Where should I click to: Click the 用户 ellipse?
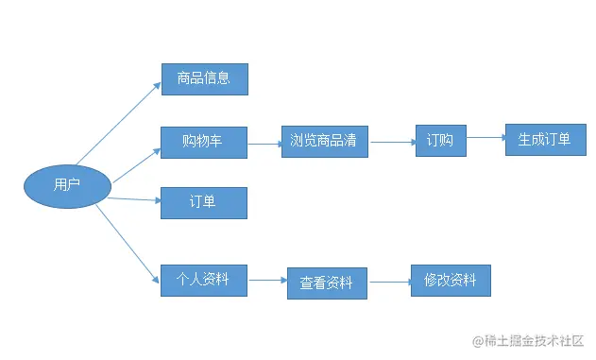[67, 185]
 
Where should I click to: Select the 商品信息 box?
[204, 78]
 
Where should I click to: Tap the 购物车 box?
[204, 143]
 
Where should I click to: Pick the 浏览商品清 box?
[324, 142]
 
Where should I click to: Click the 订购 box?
[440, 142]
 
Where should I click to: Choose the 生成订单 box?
[545, 140]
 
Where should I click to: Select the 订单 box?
[203, 202]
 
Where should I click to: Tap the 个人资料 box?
[203, 280]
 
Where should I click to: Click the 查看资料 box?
[326, 283]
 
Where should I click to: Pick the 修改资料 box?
[451, 281]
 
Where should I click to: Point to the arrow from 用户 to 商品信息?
[119, 122]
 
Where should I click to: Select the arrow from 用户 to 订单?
[132, 198]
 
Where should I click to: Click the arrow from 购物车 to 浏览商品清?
[264, 144]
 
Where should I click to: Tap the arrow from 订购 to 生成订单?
[485, 139]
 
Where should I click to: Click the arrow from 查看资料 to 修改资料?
[389, 281]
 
